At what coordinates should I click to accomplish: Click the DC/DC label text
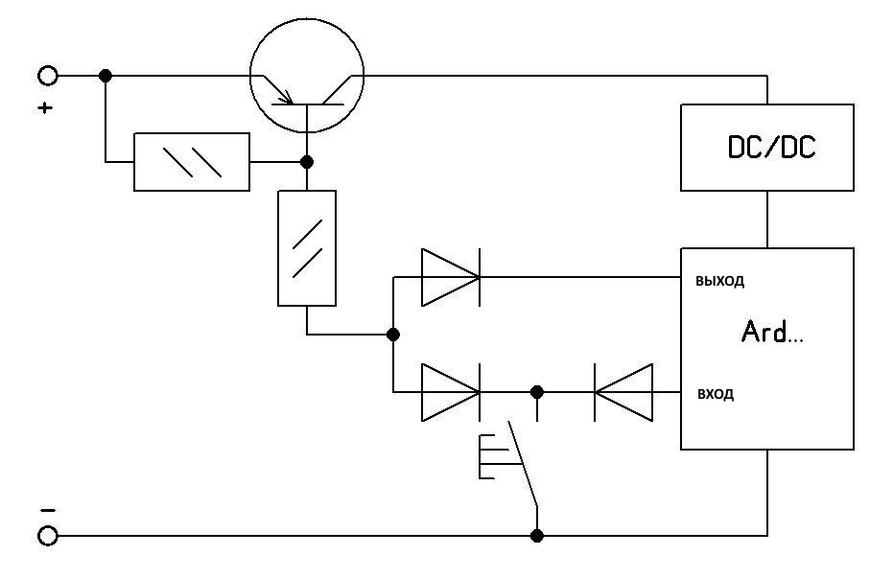point(772,147)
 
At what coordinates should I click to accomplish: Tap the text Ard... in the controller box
point(772,332)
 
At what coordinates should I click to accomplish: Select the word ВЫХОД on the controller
point(719,281)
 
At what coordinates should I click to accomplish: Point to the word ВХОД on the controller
point(716,394)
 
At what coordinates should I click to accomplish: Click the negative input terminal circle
point(48,536)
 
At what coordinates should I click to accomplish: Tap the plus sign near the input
point(45,107)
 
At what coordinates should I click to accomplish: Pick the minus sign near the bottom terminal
point(48,510)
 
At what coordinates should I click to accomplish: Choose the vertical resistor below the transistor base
point(307,248)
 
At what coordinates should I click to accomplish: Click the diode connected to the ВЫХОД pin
point(451,277)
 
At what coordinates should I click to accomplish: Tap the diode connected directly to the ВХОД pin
point(623,392)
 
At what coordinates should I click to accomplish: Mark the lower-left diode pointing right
point(451,392)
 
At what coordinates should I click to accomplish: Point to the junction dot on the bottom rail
point(536,536)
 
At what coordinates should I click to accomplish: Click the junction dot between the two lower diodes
point(536,392)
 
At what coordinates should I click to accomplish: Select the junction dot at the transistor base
point(307,162)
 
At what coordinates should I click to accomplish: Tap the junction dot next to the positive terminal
point(106,76)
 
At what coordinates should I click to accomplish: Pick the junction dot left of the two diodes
point(393,335)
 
